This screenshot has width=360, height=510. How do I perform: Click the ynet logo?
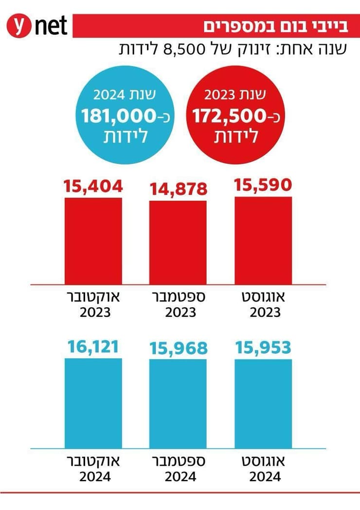[37, 26]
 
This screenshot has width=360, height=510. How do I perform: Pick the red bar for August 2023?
[263, 240]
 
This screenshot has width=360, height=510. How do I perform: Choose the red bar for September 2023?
[178, 242]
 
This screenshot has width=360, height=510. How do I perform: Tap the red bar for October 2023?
[93, 240]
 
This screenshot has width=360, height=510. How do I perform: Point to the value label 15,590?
[263, 185]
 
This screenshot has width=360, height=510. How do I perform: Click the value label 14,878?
[178, 189]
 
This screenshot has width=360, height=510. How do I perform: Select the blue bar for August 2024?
[263, 403]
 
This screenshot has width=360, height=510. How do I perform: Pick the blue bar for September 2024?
[178, 403]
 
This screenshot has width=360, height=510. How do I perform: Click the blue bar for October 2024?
[93, 403]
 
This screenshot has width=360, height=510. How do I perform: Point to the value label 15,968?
[178, 348]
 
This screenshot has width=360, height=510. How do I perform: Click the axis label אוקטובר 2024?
[93, 468]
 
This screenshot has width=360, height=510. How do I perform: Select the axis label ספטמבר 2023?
[178, 304]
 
